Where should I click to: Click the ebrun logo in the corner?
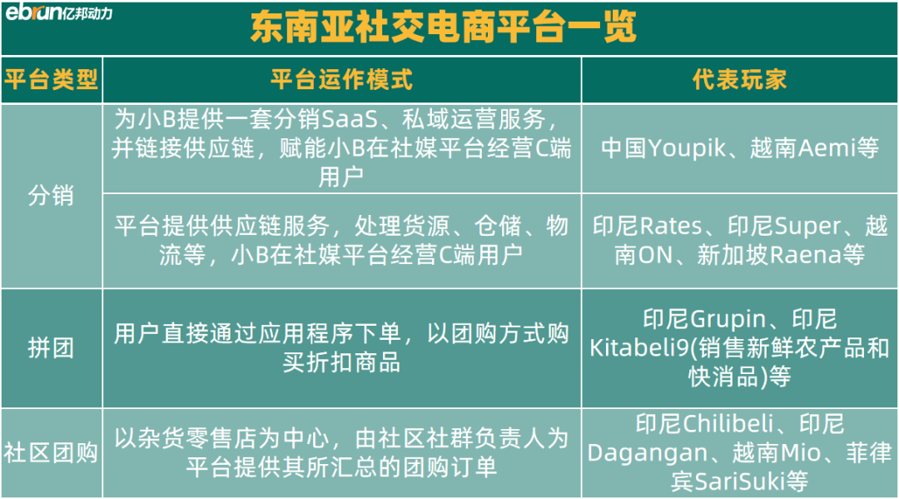tap(58, 12)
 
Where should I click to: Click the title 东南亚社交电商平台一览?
tap(443, 27)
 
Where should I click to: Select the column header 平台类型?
tap(51, 79)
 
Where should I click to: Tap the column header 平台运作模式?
tap(342, 79)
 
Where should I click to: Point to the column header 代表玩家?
tap(740, 79)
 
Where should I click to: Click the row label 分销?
tap(51, 196)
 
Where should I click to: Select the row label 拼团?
tap(51, 347)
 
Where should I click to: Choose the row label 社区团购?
tap(51, 452)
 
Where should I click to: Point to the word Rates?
tap(671, 226)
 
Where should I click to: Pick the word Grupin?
tap(728, 319)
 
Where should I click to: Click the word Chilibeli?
tap(728, 424)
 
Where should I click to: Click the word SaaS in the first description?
tap(350, 119)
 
